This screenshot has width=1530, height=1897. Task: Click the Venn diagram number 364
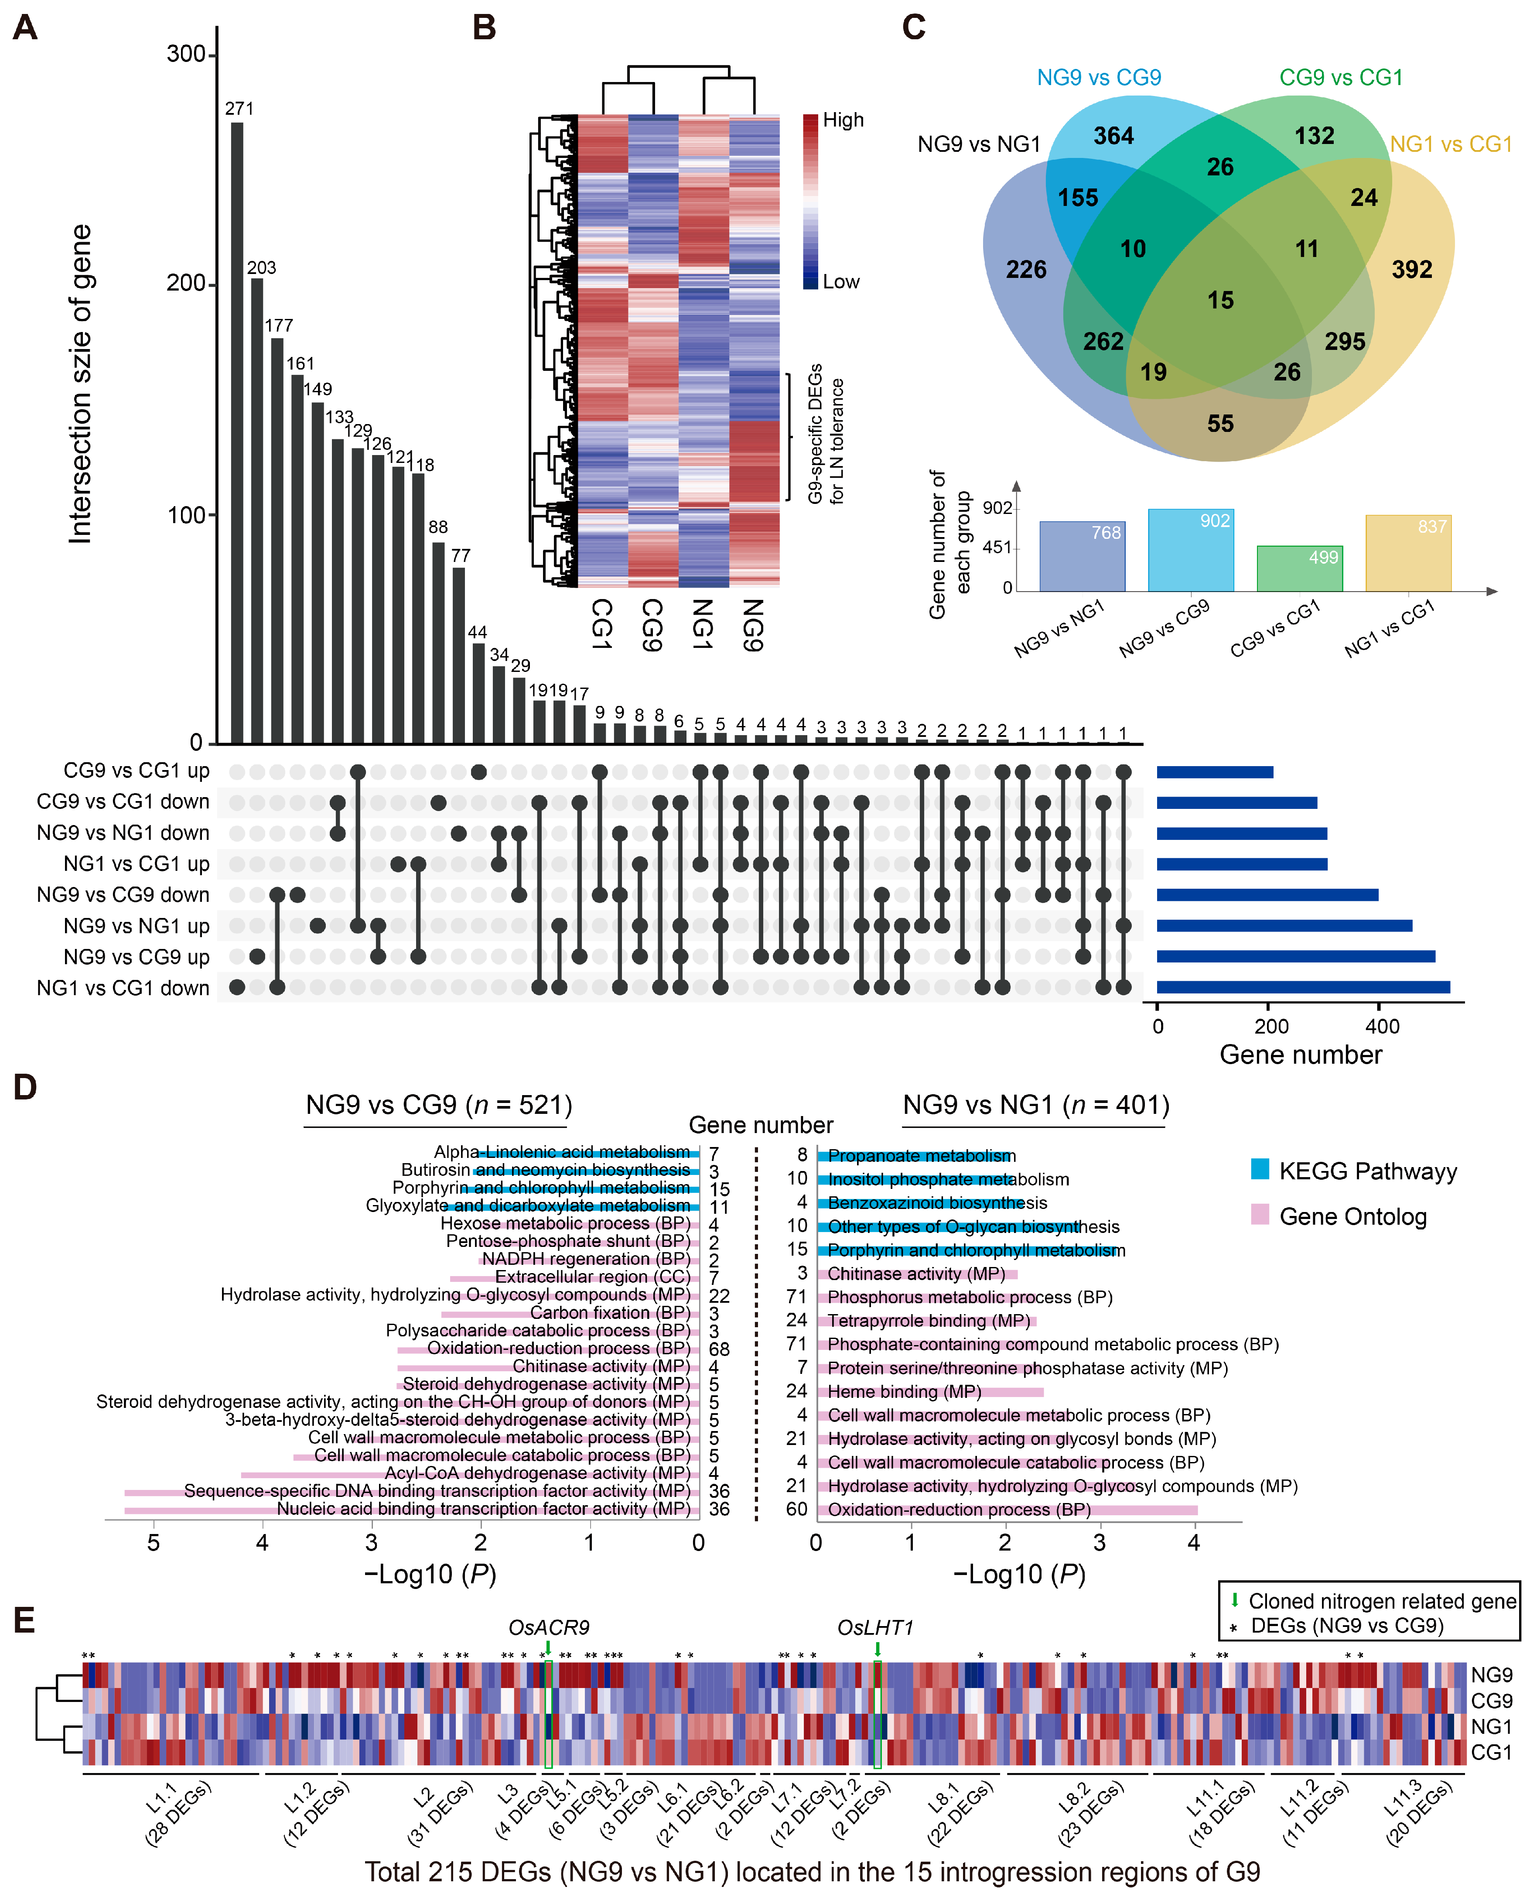(1113, 136)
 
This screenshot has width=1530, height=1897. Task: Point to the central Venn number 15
(1220, 301)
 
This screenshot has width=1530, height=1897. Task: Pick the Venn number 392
(1411, 270)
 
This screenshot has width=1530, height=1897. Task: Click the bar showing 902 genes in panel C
(1190, 550)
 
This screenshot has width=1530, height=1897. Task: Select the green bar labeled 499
(1299, 568)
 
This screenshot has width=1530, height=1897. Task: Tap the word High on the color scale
(843, 120)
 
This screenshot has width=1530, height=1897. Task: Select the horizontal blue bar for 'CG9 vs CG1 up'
(1215, 772)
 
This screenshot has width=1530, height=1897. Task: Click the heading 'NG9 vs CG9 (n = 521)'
(438, 1106)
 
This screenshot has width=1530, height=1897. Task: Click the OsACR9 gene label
(548, 1627)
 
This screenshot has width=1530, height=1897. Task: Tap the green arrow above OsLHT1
(877, 1648)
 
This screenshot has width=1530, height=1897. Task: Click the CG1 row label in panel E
(1491, 1753)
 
